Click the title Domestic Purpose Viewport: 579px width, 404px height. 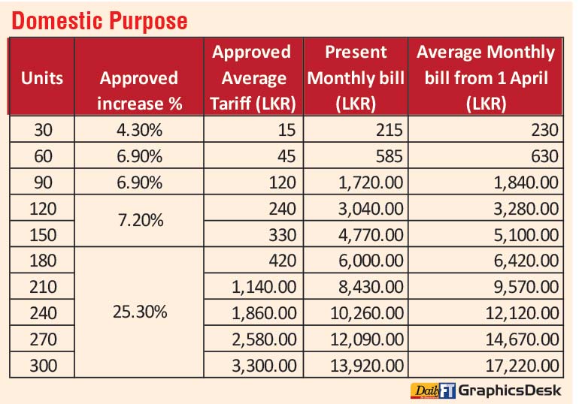99,20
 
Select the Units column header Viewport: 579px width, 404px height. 42,77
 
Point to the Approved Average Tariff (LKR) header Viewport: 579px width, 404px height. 253,77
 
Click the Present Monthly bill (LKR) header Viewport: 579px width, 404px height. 356,77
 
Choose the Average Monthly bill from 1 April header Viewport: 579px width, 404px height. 485,77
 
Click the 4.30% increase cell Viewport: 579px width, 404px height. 139,130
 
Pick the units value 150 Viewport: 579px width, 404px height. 42,235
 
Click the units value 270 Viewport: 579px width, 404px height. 42,340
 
